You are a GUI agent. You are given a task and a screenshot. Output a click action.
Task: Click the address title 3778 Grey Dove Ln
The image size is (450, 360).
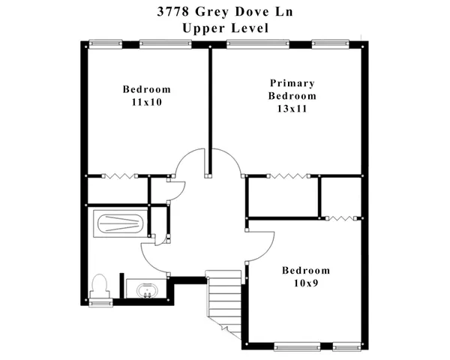click(x=224, y=12)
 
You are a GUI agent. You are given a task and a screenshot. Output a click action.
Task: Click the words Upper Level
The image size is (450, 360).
click(x=224, y=28)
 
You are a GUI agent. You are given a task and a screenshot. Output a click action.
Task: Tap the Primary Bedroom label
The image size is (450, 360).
click(x=292, y=89)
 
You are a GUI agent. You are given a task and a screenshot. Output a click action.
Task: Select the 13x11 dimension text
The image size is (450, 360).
click(x=292, y=109)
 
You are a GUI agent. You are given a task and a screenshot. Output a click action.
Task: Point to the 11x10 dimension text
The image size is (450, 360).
click(x=146, y=102)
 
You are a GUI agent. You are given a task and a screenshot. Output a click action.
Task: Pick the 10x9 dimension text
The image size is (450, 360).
click(x=305, y=283)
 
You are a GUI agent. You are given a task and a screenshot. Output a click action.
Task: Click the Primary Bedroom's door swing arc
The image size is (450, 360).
click(x=226, y=160)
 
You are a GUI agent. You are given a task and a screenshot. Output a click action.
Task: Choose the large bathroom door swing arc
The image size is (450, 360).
click(x=154, y=259)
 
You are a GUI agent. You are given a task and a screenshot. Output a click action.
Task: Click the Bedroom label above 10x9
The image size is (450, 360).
click(x=305, y=270)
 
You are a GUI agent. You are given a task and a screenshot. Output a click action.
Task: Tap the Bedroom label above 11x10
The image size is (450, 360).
click(x=146, y=89)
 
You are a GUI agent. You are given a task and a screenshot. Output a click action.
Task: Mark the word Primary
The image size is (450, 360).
click(x=292, y=83)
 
